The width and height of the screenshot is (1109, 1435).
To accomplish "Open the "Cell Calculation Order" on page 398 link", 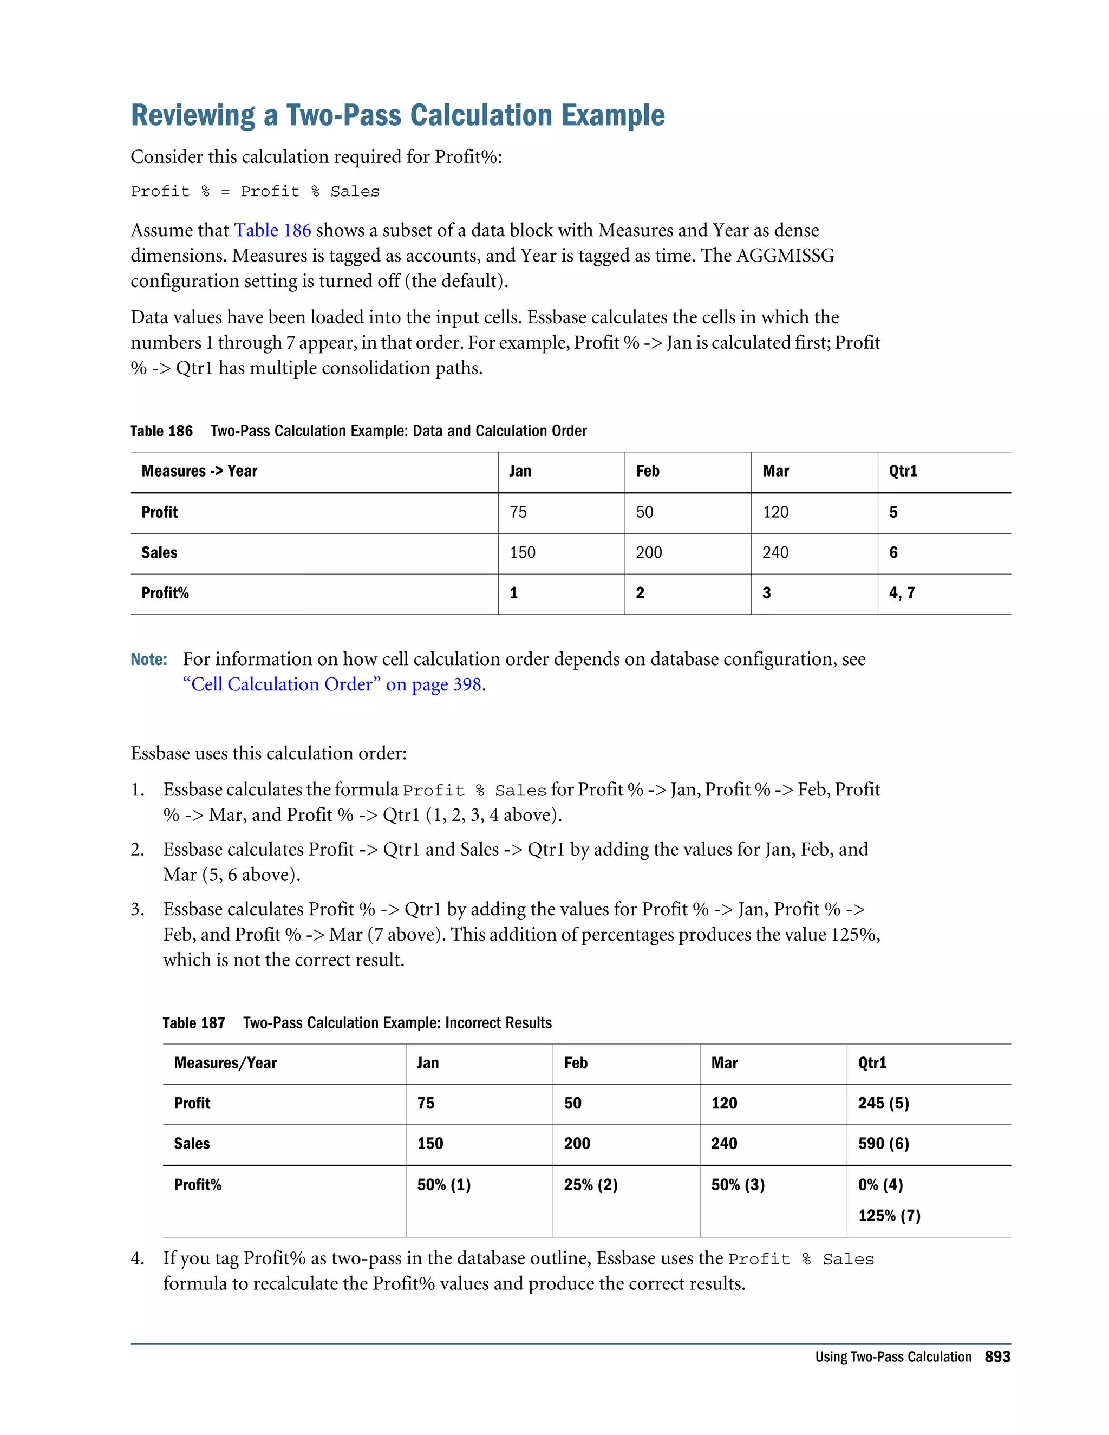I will [x=334, y=684].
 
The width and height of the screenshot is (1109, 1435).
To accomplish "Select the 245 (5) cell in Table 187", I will [x=883, y=1103].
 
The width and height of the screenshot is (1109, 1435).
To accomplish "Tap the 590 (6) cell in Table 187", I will [x=883, y=1144].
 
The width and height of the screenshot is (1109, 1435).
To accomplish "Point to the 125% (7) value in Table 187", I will [x=889, y=1216].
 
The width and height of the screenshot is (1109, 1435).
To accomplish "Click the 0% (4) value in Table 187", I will [x=880, y=1185].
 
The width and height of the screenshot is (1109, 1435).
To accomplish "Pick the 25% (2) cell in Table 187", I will [x=591, y=1185].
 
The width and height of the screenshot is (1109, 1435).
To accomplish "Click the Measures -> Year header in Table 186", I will [x=199, y=471].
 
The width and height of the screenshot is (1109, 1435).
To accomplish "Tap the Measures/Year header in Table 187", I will [x=225, y=1063].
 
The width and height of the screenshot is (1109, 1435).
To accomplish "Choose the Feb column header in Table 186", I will [x=647, y=471].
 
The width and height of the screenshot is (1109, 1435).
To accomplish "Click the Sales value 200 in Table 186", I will [x=648, y=552].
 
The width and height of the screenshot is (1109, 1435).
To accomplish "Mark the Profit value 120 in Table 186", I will [x=775, y=512].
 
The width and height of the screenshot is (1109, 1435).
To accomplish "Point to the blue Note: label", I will [x=148, y=660].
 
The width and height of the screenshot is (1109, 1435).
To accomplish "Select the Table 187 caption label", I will [x=194, y=1023].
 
